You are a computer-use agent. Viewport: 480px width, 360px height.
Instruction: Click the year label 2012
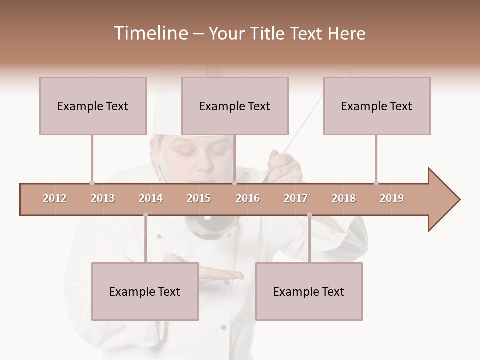click(55, 198)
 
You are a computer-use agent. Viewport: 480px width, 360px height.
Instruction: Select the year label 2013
click(103, 198)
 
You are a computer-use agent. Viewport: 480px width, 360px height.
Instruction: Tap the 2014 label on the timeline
click(151, 198)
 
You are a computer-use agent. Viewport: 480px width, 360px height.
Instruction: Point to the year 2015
click(199, 198)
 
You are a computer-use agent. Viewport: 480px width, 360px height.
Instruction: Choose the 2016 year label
click(248, 198)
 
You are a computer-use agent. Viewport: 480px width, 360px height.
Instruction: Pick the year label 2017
click(296, 198)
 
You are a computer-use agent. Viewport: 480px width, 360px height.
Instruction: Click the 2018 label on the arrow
click(344, 198)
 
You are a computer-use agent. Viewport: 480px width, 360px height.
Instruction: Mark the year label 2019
click(392, 198)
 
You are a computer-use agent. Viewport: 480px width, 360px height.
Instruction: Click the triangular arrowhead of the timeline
click(443, 199)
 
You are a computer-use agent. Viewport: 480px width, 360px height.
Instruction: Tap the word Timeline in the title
click(149, 33)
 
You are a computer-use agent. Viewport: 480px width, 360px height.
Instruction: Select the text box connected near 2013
click(93, 106)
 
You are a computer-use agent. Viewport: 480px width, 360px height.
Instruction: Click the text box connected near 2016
click(235, 106)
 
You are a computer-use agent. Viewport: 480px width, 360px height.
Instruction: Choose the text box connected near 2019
click(377, 106)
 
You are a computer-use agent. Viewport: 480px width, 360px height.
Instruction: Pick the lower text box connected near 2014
click(145, 291)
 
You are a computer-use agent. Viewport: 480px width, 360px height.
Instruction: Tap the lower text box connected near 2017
click(309, 291)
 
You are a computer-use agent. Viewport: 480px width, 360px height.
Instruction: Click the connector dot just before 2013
click(92, 183)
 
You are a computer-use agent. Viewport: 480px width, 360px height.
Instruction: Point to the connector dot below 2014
click(145, 215)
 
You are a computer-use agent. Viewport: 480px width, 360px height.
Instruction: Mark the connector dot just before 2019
click(376, 183)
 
